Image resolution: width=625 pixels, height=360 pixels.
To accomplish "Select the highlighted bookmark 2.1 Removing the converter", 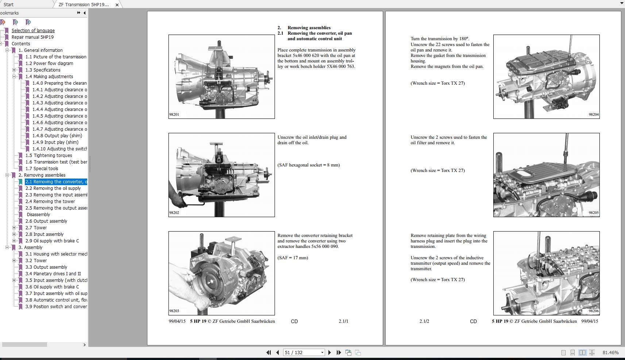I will tap(56, 181).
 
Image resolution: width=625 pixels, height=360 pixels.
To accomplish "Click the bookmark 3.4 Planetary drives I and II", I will tap(53, 273).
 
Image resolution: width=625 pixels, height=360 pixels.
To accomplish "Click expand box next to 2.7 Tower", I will tap(14, 227).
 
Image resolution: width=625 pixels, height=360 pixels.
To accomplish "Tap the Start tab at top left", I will tap(8, 4).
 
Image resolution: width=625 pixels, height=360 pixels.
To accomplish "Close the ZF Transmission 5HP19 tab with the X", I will tap(117, 5).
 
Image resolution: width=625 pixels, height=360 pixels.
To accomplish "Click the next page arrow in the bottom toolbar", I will tap(329, 352).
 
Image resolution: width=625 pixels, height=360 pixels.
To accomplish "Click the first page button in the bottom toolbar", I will tap(269, 352).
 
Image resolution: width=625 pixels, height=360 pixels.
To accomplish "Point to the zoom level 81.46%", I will tap(610, 352).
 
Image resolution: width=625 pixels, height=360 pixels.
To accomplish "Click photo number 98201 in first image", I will tap(174, 114).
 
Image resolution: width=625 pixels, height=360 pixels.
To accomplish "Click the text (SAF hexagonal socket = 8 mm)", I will tap(308, 165).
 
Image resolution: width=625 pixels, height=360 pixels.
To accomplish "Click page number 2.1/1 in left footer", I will tap(343, 321).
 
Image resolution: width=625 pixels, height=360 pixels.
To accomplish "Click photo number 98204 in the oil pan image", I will tap(594, 114).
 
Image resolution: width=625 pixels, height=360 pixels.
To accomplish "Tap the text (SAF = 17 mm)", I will tap(293, 257).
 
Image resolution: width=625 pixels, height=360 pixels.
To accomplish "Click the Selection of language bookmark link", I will tap(33, 30).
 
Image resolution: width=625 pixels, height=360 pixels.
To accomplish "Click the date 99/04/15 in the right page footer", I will tap(590, 321).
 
